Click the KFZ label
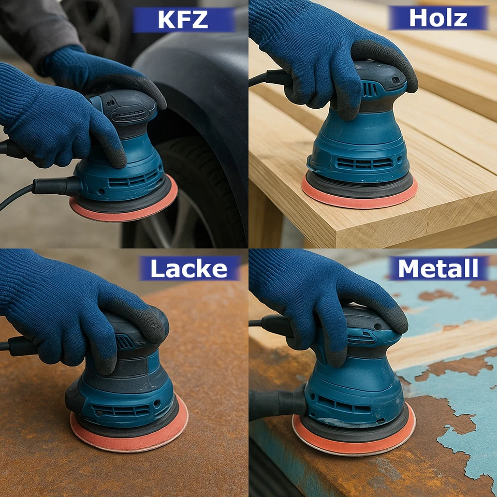(184, 20)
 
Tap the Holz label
(438, 18)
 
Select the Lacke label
(189, 269)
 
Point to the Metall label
(438, 269)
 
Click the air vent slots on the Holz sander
(364, 164)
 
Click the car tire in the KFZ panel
(193, 193)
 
